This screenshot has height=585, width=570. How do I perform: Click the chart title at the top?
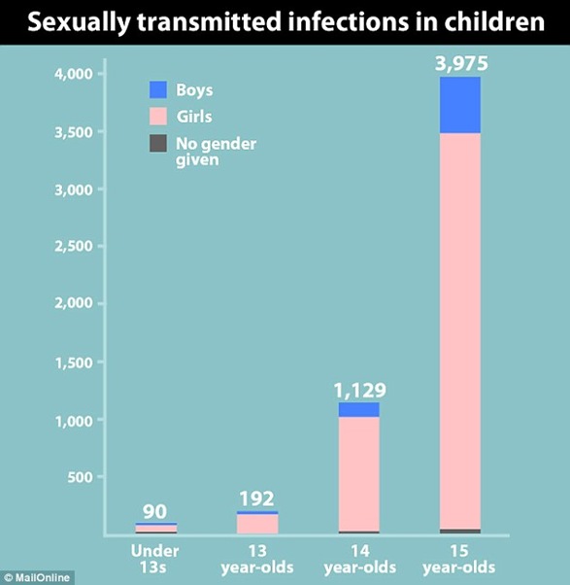[285, 21]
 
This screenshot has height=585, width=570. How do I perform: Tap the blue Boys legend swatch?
[158, 89]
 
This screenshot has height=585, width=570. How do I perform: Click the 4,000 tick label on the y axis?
[72, 74]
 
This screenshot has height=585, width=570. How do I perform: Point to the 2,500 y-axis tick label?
[72, 246]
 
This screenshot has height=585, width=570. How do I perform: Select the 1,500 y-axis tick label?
[72, 361]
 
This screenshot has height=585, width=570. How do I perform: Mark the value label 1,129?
[360, 391]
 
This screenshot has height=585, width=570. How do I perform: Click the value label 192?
[258, 499]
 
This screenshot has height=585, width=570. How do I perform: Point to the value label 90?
[156, 510]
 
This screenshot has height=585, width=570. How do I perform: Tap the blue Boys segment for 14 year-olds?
[359, 409]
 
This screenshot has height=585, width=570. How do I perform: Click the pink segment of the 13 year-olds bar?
[258, 524]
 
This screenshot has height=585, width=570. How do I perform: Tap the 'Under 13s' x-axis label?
[156, 559]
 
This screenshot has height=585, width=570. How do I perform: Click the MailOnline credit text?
[37, 578]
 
